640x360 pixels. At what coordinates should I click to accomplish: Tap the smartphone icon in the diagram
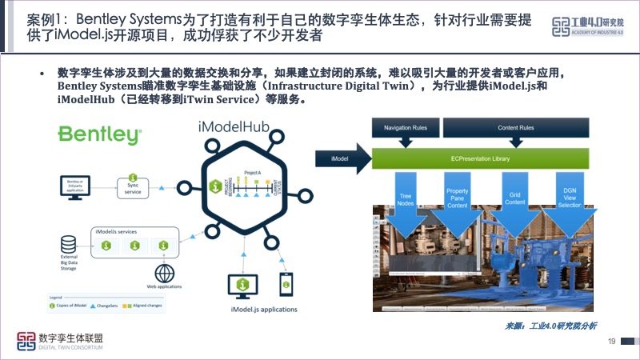pos(283,284)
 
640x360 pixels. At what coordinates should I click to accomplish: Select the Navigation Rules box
pos(406,128)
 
